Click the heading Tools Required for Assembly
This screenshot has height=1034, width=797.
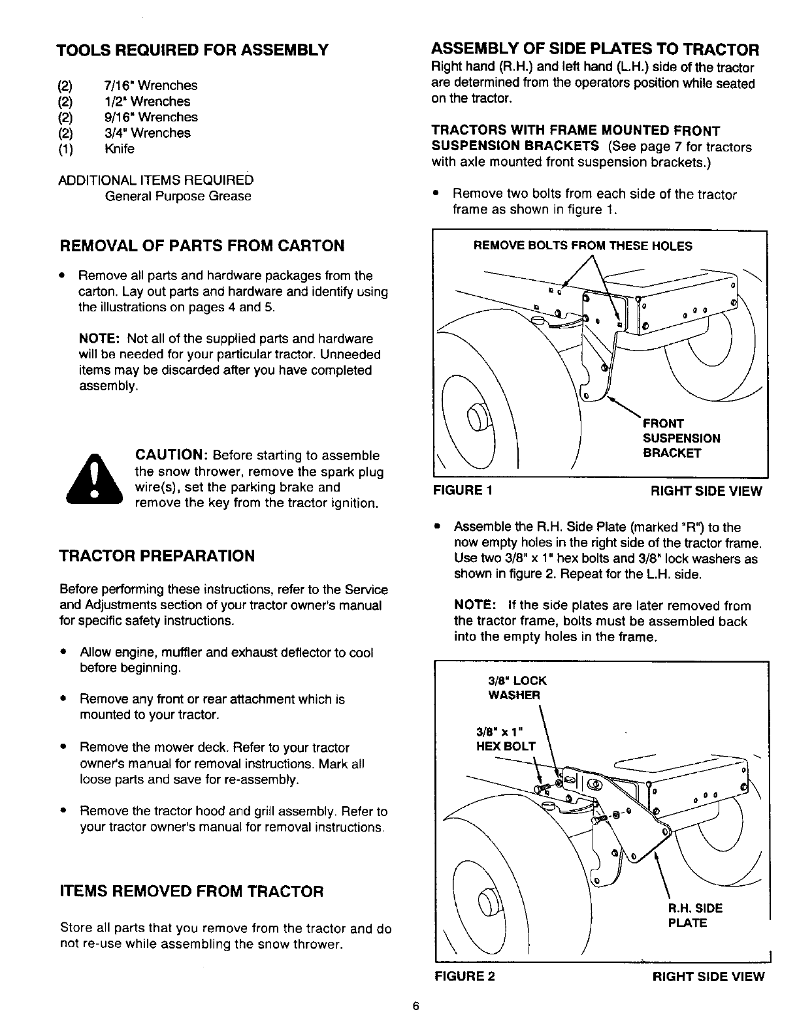[x=191, y=50]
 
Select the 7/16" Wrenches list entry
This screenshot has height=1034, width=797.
[x=150, y=86]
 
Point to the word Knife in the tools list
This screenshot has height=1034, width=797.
[x=119, y=149]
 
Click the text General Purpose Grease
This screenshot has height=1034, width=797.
[x=178, y=196]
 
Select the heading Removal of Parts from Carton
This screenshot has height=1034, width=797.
[x=202, y=246]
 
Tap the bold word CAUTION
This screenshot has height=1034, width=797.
[x=171, y=455]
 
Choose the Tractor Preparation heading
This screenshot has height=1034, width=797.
[x=157, y=556]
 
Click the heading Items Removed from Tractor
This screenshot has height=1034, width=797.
[x=192, y=891]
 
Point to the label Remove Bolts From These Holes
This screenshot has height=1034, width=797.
[x=583, y=246]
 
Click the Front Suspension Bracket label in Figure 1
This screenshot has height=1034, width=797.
[x=681, y=438]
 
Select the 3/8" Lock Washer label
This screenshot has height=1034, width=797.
[x=517, y=688]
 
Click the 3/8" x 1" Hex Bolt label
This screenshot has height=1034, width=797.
[x=506, y=738]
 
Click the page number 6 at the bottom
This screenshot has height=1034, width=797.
[x=415, y=1006]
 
